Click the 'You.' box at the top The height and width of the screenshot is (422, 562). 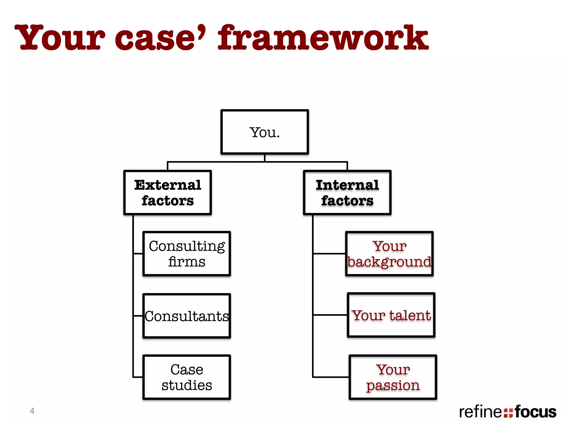pos(265,132)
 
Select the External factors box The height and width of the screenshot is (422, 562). pos(167,192)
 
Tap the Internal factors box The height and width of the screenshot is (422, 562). pos(347,192)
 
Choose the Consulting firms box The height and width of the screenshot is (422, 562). pos(187,254)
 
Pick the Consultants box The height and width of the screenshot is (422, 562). pos(187,316)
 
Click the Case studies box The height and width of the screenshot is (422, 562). pos(187,377)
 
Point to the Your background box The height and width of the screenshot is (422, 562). pos(389,254)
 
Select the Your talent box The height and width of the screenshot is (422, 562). pos(391,315)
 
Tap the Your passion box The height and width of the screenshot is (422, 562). pos(393,377)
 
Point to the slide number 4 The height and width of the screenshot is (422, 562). pos(32,411)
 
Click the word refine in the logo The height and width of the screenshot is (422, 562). pos(480,412)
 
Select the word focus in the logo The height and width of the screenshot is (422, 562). pos(535,412)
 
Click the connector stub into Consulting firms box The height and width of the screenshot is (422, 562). pos(138,254)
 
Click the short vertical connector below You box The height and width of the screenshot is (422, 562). pos(265,158)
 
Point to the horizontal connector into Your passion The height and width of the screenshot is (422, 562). pos(331,377)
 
